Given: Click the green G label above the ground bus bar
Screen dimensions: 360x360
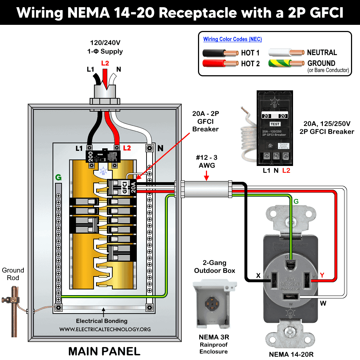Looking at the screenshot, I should pyautogui.click(x=58, y=177).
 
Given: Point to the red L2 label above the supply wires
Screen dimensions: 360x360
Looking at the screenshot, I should pyautogui.click(x=105, y=63).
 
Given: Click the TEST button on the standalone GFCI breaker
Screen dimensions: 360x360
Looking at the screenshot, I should pyautogui.click(x=275, y=124).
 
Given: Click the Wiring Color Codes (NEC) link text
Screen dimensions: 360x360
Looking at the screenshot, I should pyautogui.click(x=233, y=39).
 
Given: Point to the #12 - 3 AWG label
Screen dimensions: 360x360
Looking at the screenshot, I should pyautogui.click(x=207, y=161).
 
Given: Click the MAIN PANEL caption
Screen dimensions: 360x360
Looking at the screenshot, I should pyautogui.click(x=104, y=350).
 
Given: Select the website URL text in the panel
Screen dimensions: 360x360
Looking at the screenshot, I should pyautogui.click(x=105, y=329).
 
